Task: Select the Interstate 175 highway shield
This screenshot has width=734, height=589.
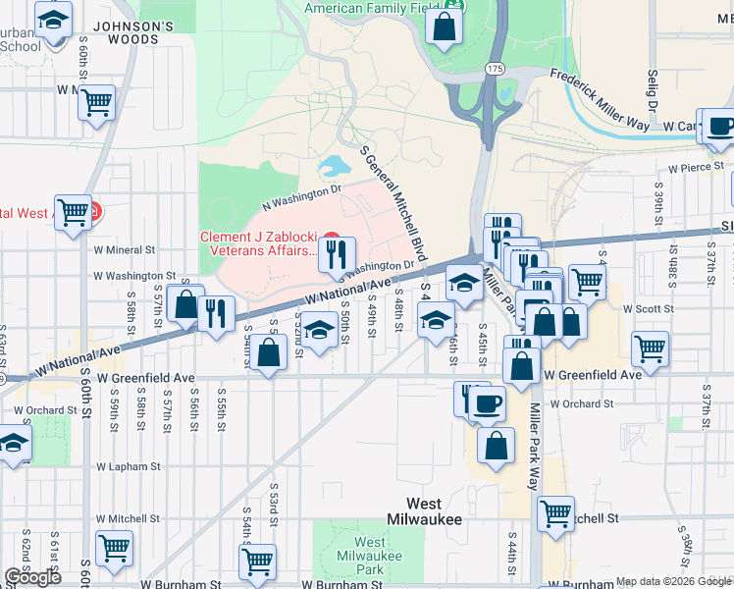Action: click(494, 68)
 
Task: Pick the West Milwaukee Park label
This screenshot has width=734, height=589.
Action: click(369, 556)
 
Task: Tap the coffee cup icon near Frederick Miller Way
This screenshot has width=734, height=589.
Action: click(720, 129)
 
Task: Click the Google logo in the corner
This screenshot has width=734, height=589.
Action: click(32, 577)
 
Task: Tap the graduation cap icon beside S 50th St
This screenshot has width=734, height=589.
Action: click(318, 330)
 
